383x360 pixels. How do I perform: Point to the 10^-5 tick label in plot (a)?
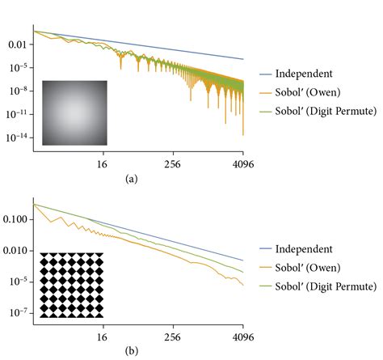click(17, 67)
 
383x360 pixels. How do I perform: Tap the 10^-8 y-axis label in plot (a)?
click(17, 91)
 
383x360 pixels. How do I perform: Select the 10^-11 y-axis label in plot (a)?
click(16, 116)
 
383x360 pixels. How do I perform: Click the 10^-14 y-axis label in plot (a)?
click(16, 139)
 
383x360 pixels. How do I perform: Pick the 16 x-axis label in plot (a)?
click(103, 163)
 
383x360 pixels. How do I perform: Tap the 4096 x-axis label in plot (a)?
click(242, 163)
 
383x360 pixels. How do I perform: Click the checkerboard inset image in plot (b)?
click(72, 284)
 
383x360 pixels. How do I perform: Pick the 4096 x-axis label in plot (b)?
click(242, 337)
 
